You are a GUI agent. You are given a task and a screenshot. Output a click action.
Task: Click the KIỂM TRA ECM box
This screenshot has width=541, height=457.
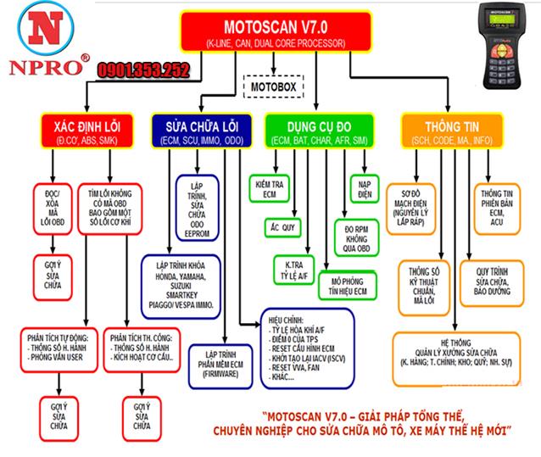coord(272,187)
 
